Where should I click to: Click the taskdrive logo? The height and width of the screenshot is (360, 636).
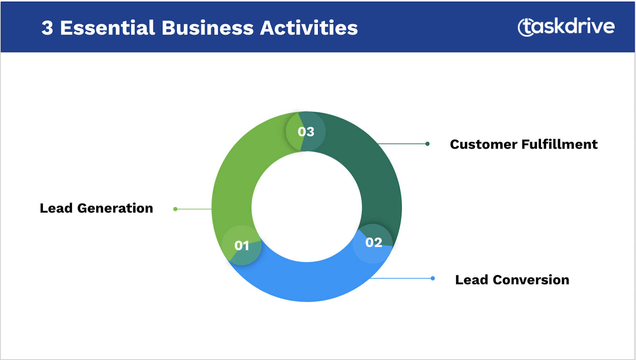pyautogui.click(x=566, y=27)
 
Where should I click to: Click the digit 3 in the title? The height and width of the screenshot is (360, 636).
pyautogui.click(x=47, y=28)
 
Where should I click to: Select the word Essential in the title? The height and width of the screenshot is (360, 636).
pyautogui.click(x=107, y=28)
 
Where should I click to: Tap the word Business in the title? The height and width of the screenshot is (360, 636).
pyautogui.click(x=207, y=28)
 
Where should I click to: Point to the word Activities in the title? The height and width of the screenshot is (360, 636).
pyautogui.click(x=309, y=28)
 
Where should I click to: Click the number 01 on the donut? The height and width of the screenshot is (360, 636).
pyautogui.click(x=242, y=246)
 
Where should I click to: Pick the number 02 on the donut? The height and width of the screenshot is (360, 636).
pyautogui.click(x=374, y=242)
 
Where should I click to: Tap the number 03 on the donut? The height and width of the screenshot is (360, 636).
pyautogui.click(x=306, y=132)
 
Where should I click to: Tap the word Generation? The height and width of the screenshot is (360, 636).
pyautogui.click(x=115, y=208)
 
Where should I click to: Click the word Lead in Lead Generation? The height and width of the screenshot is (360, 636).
pyautogui.click(x=56, y=208)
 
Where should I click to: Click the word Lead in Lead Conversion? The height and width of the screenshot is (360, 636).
pyautogui.click(x=471, y=280)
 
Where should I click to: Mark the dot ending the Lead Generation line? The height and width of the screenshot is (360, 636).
pyautogui.click(x=175, y=209)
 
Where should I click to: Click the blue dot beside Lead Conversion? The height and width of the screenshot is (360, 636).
pyautogui.click(x=433, y=278)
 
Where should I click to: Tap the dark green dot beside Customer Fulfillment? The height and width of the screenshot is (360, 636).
pyautogui.click(x=427, y=144)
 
